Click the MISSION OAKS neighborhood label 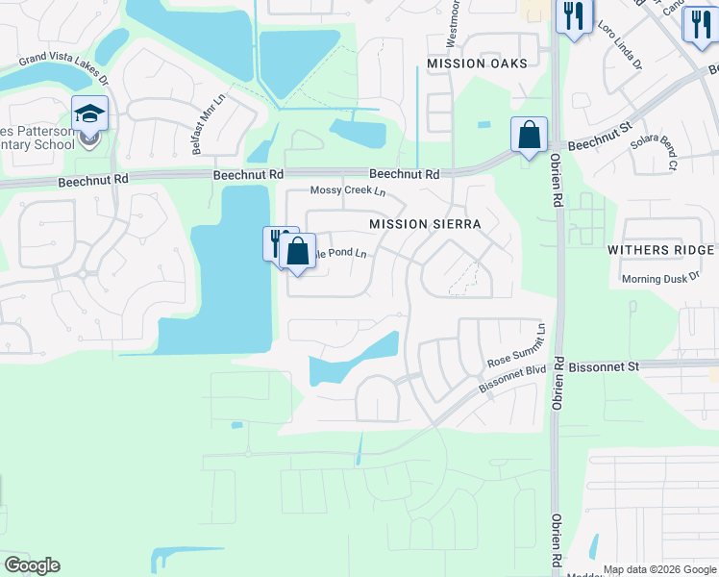pos(478,63)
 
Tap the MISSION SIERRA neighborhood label pos(425,223)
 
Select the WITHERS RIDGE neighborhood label pos(660,249)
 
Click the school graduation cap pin pos(89,115)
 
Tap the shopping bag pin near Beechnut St pos(529,135)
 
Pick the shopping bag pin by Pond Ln pos(298,252)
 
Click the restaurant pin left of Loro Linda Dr pos(574,17)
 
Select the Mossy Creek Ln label pos(347,190)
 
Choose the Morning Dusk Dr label pos(657,279)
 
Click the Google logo pos(33,565)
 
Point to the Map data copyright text pos(659,569)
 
